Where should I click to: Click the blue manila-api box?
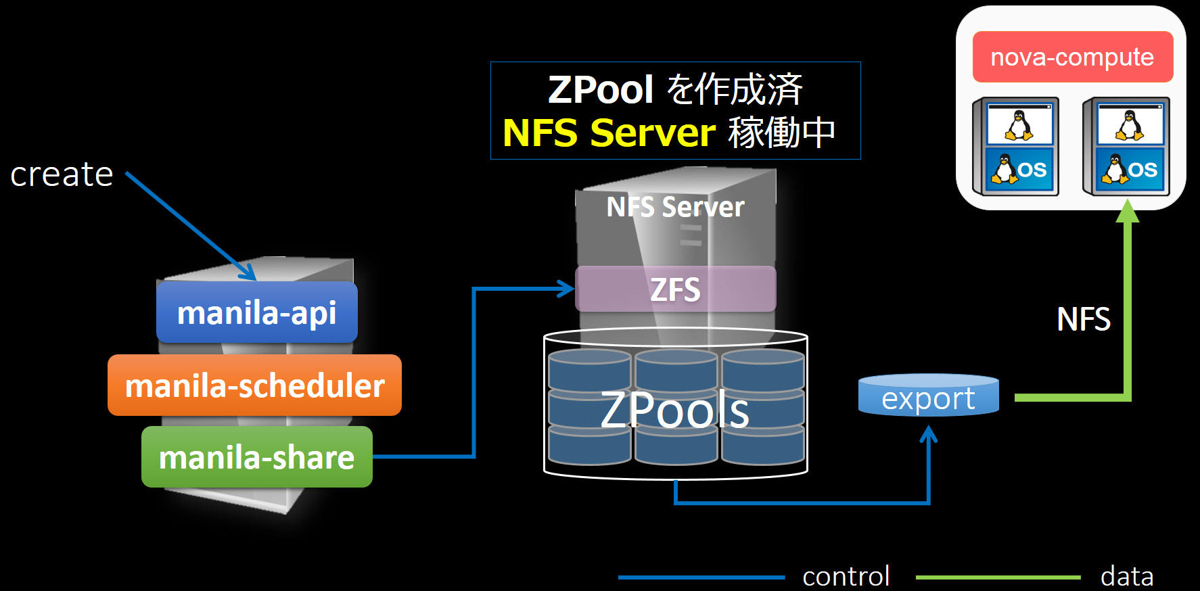256,312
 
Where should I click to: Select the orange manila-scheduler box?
254,385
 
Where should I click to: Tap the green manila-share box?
256,457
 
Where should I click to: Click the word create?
62,174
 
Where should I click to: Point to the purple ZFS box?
675,289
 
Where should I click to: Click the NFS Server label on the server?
675,207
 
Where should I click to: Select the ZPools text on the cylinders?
675,410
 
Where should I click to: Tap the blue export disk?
928,396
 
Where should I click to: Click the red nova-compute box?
1072,57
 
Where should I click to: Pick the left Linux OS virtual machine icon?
1017,147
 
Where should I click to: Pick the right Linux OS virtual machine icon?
1127,147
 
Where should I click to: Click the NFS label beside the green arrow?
1083,319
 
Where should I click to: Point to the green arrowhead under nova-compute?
1127,211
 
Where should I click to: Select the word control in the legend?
846,576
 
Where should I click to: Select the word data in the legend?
1126,576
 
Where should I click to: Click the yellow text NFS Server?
609,133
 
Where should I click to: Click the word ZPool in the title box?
600,89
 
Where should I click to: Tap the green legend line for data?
998,577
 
